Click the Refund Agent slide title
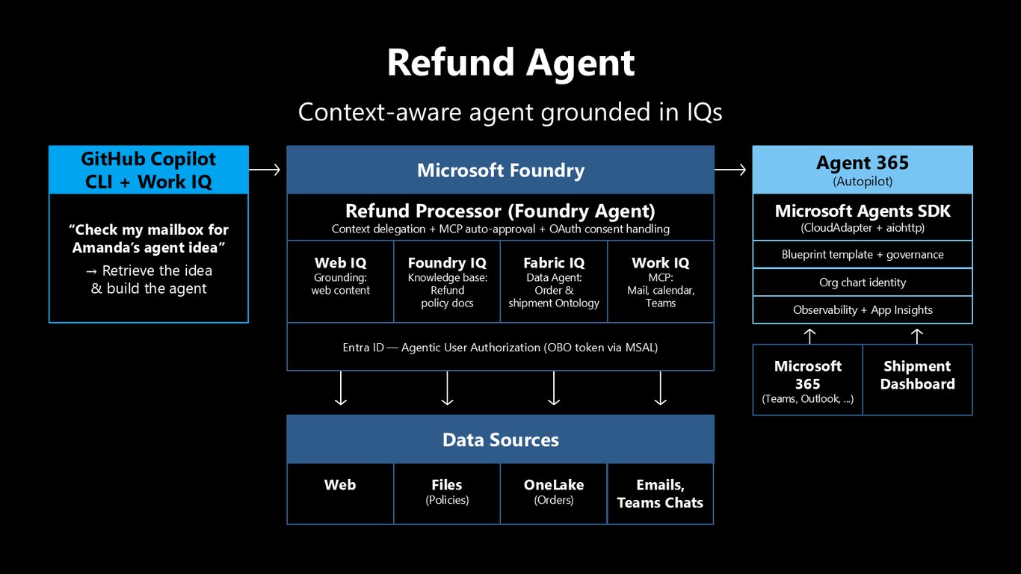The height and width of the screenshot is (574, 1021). [x=510, y=63]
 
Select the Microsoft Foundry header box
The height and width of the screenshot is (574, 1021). [x=501, y=170]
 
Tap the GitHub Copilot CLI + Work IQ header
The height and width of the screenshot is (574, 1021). [x=149, y=170]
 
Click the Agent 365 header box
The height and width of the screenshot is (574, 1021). [x=863, y=170]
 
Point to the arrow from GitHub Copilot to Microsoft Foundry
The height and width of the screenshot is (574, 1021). [x=265, y=170]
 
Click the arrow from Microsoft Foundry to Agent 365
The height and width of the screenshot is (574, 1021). [x=730, y=170]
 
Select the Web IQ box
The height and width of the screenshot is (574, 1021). [x=341, y=282]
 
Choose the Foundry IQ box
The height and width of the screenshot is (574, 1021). [x=447, y=282]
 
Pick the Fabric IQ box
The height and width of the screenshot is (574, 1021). [x=554, y=282]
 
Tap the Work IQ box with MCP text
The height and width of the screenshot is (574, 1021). [x=661, y=282]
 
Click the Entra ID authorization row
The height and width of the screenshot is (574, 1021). [x=501, y=347]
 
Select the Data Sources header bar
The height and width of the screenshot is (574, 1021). [x=501, y=439]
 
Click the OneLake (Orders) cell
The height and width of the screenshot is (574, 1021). [x=554, y=494]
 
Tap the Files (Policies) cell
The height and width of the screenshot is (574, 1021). [x=447, y=494]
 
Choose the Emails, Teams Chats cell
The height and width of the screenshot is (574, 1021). [x=661, y=494]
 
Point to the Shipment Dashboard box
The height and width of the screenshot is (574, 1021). [x=918, y=380]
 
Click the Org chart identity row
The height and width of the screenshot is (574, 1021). [x=863, y=283]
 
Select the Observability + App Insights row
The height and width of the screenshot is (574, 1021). [x=863, y=310]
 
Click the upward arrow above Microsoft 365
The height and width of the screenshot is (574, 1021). [x=809, y=336]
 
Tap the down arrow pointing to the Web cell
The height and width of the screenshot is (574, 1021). [x=341, y=388]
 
